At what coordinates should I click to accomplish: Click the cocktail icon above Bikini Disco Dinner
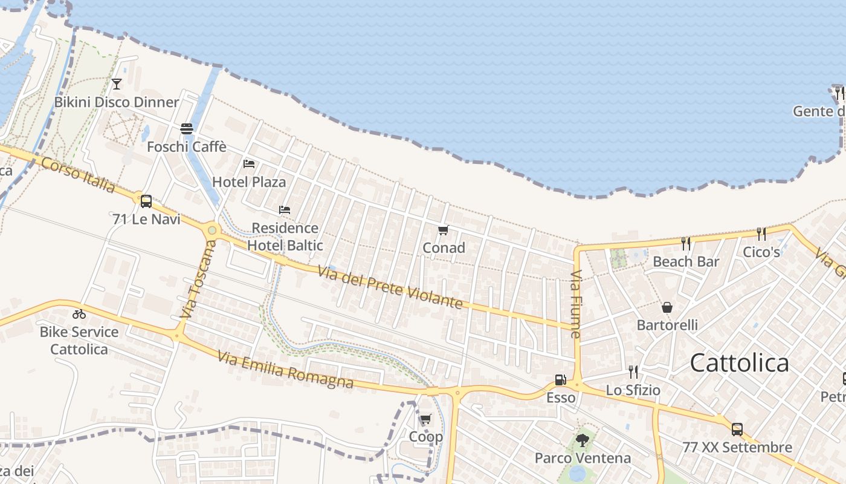pos(117,83)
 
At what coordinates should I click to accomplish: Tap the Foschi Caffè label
pos(187,146)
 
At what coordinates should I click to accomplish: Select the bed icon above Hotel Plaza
pos(249,163)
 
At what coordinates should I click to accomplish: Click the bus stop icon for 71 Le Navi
pos(146,201)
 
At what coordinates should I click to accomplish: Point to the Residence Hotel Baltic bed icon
pos(285,210)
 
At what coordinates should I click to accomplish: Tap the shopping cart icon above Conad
pos(444,230)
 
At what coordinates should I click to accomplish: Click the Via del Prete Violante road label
pos(390,289)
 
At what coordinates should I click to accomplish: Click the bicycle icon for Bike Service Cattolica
pos(79,313)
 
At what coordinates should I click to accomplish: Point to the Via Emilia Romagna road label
pos(285,370)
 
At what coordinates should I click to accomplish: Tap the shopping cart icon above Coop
pos(426,419)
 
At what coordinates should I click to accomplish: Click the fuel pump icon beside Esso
pos(561,380)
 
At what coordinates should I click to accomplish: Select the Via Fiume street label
pos(575,304)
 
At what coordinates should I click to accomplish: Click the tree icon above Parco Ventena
pos(583,440)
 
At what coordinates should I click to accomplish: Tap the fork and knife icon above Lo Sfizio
pos(633,371)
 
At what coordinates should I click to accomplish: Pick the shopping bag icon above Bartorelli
pos(667,307)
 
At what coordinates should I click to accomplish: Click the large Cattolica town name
pos(739,363)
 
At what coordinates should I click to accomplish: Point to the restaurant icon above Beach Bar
pos(686,243)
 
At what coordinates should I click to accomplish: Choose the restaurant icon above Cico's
pos(761,234)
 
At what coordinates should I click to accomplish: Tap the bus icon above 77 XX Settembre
pos(737,430)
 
